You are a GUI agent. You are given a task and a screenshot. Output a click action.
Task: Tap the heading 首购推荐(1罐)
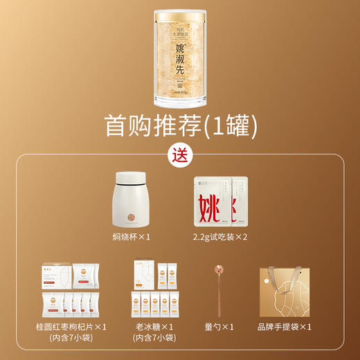[180, 125]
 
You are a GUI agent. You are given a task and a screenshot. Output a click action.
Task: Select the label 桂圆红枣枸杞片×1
[66, 326]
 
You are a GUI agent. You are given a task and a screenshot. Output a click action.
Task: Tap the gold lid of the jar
[180, 15]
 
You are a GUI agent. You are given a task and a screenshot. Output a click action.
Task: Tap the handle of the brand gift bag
[286, 271]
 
